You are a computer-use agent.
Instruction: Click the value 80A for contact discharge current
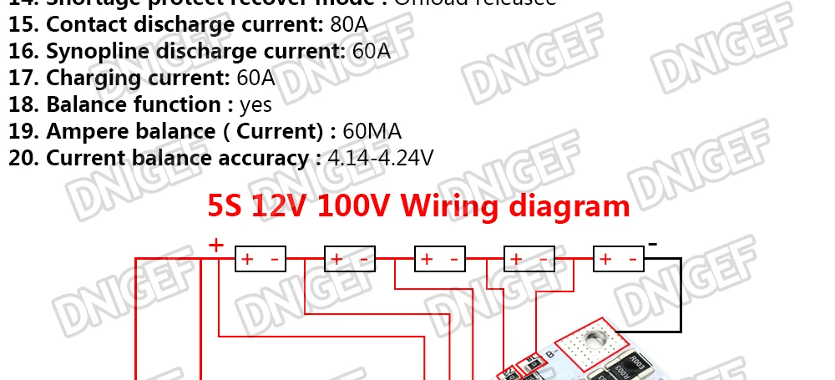coord(349,24)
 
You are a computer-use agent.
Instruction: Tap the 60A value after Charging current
coord(256,78)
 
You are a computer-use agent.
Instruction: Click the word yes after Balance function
coord(256,104)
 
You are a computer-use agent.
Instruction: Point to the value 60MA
coord(372,131)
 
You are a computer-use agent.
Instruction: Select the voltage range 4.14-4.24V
coord(381,158)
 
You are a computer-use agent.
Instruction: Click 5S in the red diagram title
coord(227,205)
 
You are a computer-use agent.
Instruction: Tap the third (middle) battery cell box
coord(440,260)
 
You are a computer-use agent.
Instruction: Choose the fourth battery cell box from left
coord(529,260)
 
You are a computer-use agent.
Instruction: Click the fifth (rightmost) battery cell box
coord(619,260)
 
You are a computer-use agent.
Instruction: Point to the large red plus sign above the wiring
coord(216,245)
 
